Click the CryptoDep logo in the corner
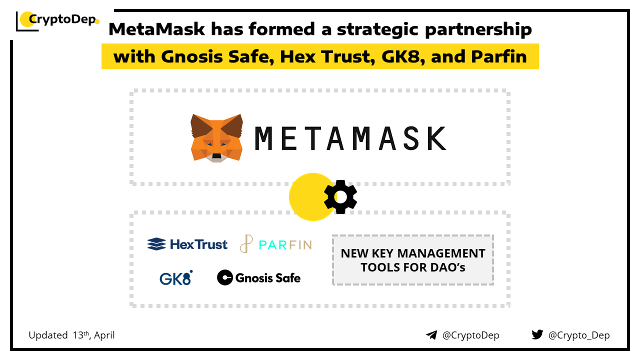click(57, 20)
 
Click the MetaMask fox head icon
click(216, 138)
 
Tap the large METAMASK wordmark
click(350, 138)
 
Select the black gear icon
click(340, 197)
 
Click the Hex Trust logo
click(187, 244)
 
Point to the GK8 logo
click(176, 277)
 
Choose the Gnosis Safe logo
click(259, 277)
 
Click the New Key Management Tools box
click(413, 260)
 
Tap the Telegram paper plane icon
click(431, 335)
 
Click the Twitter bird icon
click(537, 334)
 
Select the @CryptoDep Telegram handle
click(470, 335)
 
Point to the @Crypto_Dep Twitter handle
click(579, 335)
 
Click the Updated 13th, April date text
click(71, 335)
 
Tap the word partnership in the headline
click(478, 29)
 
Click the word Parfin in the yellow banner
click(499, 56)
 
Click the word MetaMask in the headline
click(157, 29)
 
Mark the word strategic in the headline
click(377, 29)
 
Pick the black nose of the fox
click(216, 156)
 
